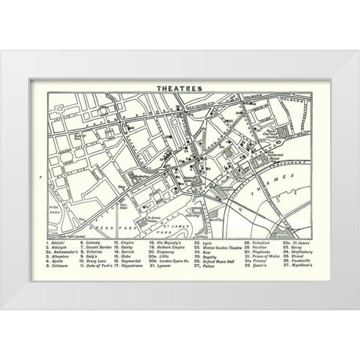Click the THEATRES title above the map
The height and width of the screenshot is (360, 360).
180,87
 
